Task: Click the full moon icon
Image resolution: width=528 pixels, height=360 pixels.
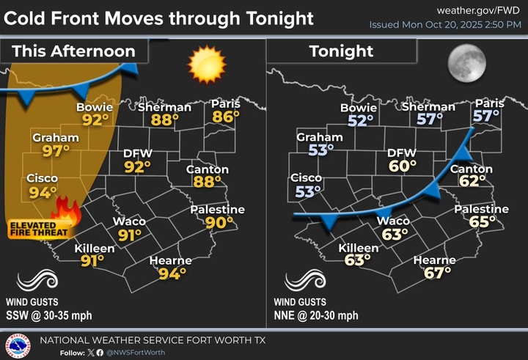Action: point(467,65)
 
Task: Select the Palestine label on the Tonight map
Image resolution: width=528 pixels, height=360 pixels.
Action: point(480,210)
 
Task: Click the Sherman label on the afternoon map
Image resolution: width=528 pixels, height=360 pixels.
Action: point(165,107)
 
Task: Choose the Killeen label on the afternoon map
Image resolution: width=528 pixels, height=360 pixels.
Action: point(95,249)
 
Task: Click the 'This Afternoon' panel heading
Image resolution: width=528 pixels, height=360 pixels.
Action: point(74,51)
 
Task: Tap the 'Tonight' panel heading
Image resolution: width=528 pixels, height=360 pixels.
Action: point(341,51)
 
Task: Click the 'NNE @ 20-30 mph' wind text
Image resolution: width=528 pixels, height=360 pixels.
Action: point(317,315)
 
